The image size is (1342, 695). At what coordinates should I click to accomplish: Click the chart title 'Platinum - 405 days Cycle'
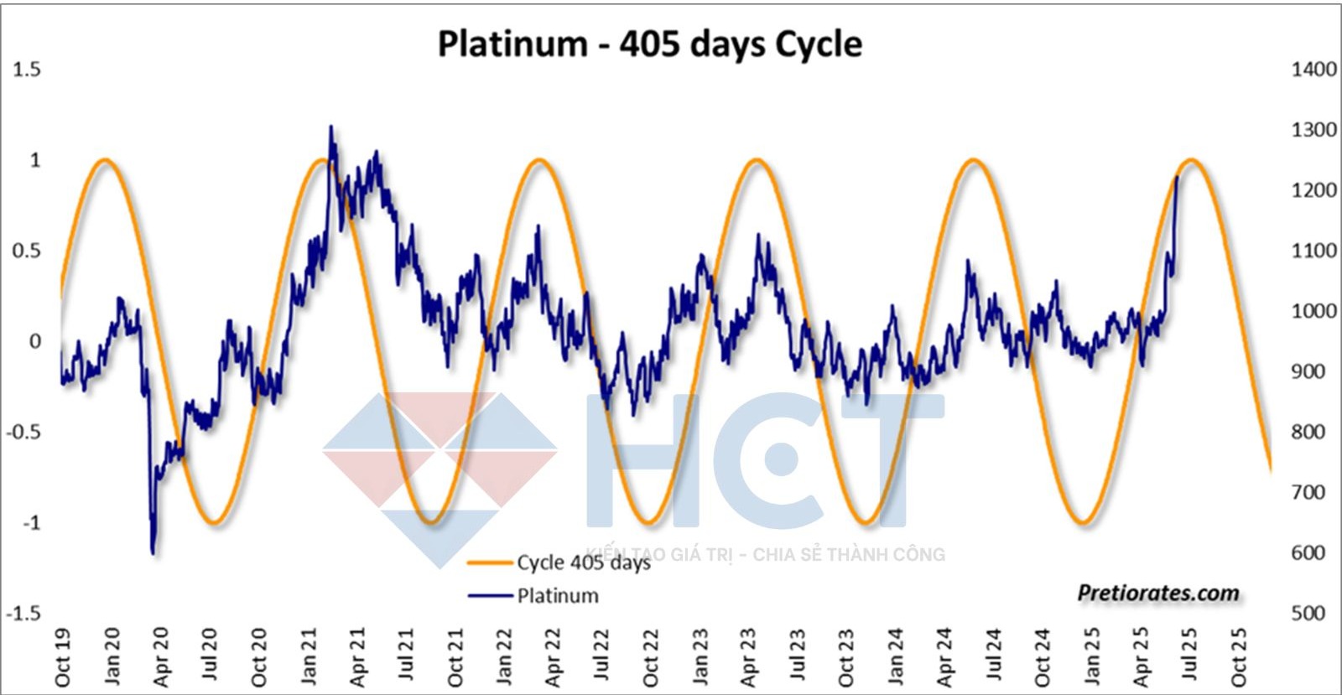[x=649, y=44]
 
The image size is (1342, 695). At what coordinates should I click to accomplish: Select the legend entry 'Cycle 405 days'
[x=583, y=563]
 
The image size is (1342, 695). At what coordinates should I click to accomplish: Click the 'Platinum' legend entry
[x=558, y=596]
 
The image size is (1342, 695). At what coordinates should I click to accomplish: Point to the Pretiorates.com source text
[x=1158, y=593]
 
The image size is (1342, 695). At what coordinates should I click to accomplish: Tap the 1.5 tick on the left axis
[x=26, y=70]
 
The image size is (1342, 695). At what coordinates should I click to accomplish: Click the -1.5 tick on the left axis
[x=23, y=613]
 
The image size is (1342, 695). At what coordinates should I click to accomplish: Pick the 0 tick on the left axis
[x=34, y=341]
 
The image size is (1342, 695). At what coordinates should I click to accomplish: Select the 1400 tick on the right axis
[x=1313, y=70]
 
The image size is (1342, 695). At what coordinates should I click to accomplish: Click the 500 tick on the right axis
[x=1308, y=613]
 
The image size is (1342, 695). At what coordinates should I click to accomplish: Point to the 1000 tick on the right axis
[x=1313, y=311]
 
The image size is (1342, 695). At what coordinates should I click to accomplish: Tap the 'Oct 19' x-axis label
[x=62, y=658]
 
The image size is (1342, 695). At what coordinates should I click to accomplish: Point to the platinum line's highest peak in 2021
[x=330, y=127]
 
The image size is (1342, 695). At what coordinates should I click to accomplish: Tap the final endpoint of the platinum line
[x=1177, y=177]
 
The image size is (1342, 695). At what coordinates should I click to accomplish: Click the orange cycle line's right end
[x=1271, y=469]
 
